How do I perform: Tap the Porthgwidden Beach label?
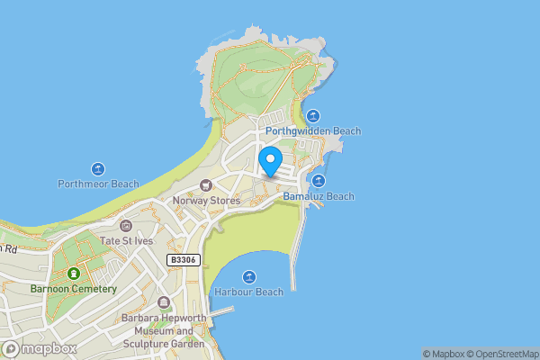313,131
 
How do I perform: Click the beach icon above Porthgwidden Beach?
313,115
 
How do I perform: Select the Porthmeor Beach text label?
98,184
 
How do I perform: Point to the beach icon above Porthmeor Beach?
98,168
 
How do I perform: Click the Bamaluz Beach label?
319,196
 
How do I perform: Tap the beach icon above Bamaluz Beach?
319,181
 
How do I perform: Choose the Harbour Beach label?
249,292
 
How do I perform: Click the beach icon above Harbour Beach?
249,276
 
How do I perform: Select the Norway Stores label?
207,201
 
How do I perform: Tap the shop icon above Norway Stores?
207,185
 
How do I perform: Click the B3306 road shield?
183,259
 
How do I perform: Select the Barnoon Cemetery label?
73,289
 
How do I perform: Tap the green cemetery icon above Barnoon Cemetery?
73,273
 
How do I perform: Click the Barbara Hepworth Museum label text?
163,330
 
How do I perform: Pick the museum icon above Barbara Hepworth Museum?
163,302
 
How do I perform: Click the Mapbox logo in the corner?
40,348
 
